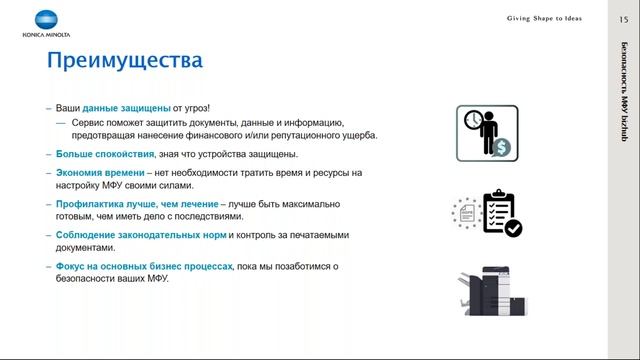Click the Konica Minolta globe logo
click(x=47, y=19)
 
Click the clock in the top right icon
click(x=473, y=120)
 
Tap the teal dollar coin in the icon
click(x=501, y=147)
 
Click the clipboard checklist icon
click(x=500, y=212)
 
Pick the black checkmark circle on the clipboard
click(x=513, y=228)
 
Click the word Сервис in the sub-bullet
click(x=89, y=121)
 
